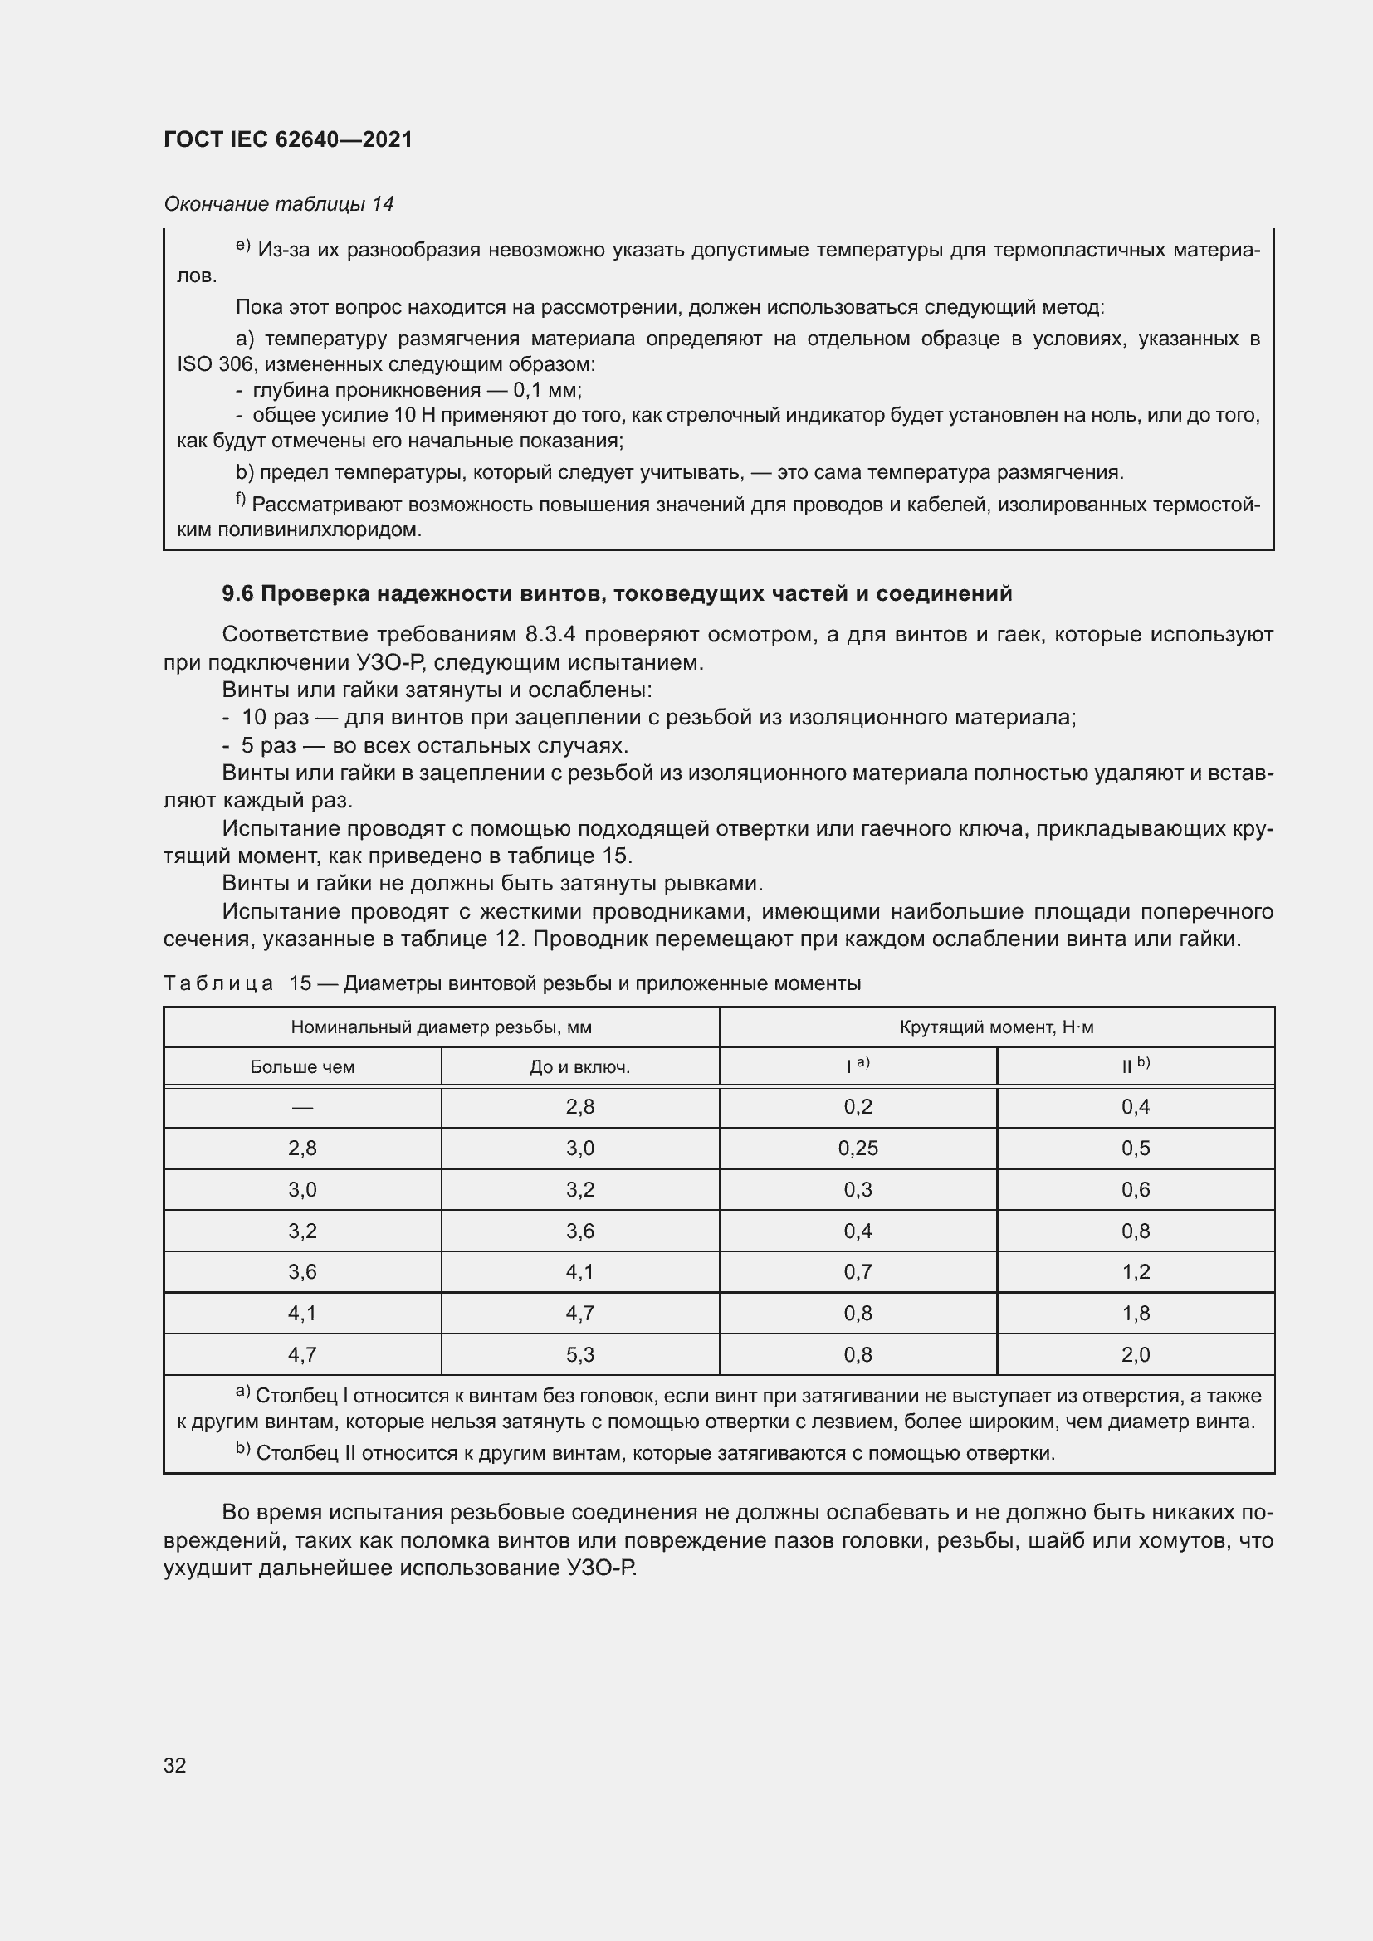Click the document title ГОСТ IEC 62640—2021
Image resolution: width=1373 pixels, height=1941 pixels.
click(287, 139)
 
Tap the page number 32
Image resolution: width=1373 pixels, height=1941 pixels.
click(175, 1765)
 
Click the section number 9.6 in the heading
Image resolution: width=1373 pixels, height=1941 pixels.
click(237, 593)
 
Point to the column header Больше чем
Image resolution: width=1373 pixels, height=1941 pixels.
click(302, 1067)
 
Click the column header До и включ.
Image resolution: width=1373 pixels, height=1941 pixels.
click(579, 1067)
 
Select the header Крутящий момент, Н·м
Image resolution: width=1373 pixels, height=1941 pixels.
click(996, 1027)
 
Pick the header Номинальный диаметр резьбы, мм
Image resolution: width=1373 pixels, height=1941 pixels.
click(441, 1027)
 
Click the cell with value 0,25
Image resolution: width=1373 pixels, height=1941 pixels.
click(858, 1148)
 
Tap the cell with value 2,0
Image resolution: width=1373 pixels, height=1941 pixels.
click(1135, 1354)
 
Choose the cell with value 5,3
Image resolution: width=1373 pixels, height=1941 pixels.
click(579, 1354)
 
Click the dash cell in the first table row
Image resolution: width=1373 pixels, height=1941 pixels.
click(302, 1108)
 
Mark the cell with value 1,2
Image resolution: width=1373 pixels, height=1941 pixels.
click(1135, 1271)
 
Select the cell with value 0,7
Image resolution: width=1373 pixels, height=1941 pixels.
click(858, 1271)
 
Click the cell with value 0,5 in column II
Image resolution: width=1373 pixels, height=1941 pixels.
click(1135, 1148)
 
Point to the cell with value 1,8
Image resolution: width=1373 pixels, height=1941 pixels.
click(1135, 1313)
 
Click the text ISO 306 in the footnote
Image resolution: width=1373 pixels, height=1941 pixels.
click(214, 364)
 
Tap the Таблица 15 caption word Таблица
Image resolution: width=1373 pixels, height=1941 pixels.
click(218, 983)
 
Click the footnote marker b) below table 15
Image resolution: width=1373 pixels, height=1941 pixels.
click(242, 1451)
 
